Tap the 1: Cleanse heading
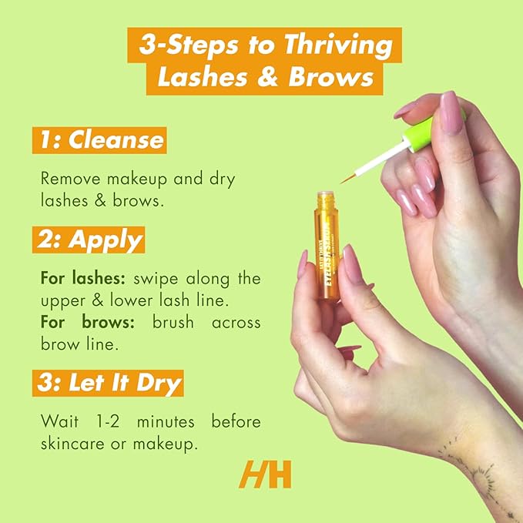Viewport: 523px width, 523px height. click(x=99, y=140)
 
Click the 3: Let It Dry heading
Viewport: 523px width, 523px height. click(x=108, y=382)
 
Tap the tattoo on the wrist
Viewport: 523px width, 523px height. click(x=471, y=471)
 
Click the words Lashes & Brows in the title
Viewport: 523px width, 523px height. click(x=260, y=79)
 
